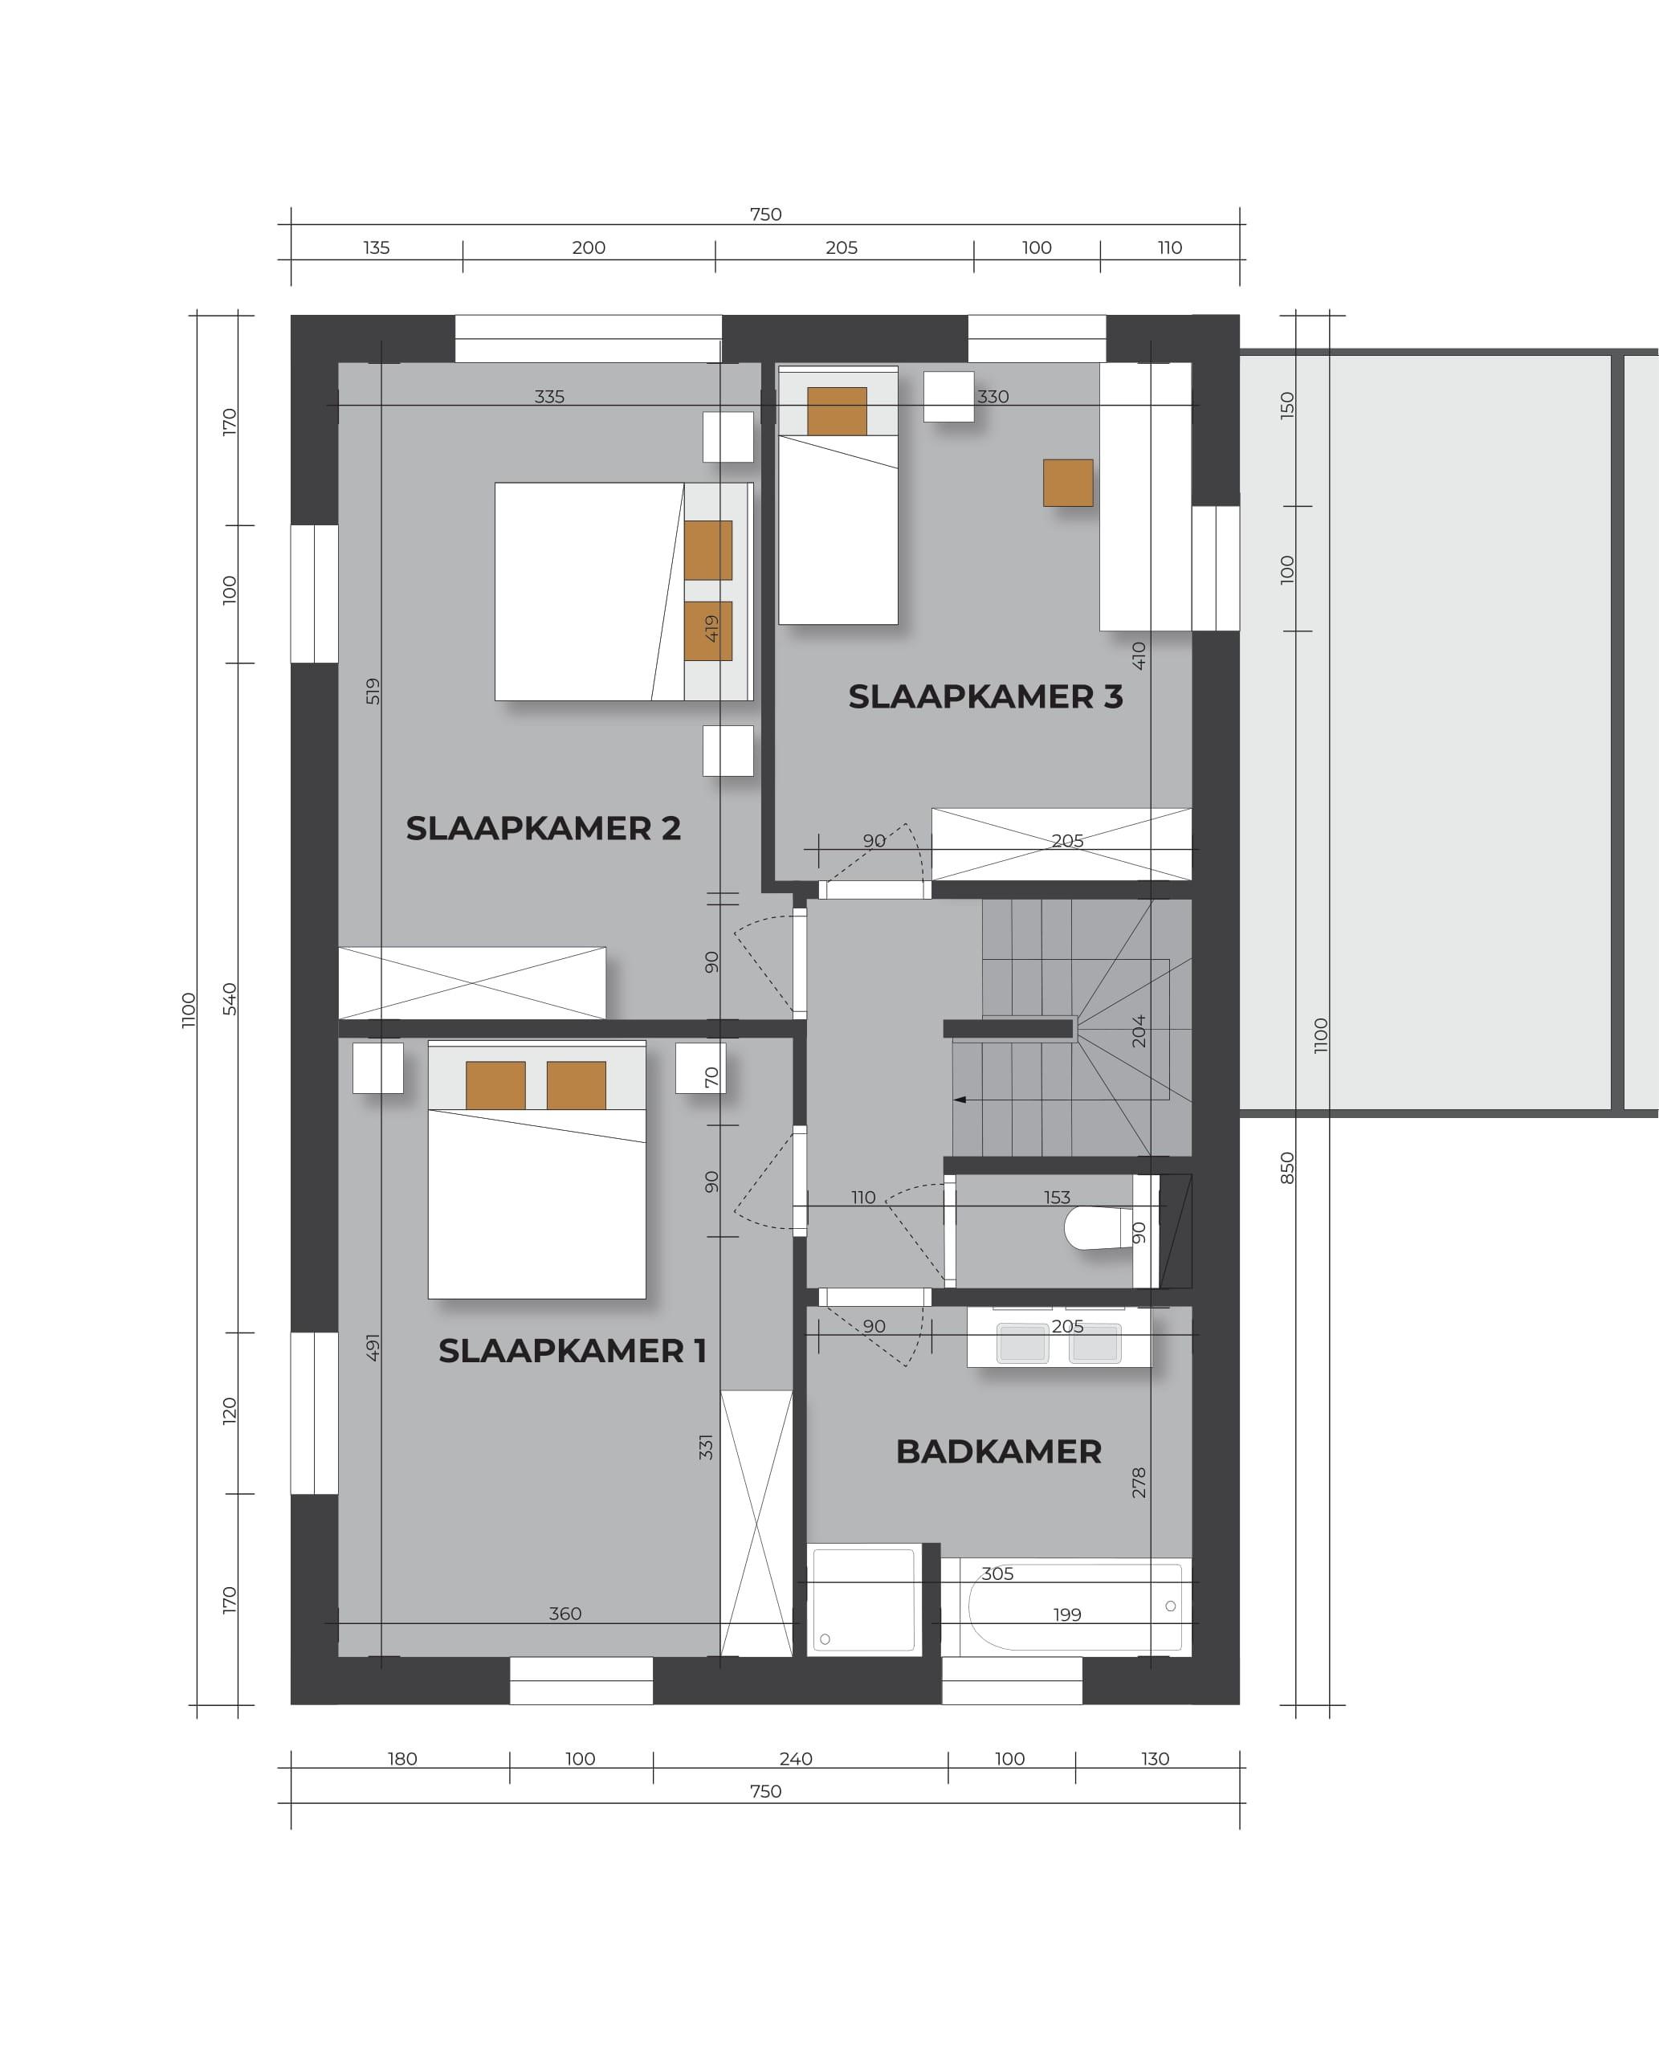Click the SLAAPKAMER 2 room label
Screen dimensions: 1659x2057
543,828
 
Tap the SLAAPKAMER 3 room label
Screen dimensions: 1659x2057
985,697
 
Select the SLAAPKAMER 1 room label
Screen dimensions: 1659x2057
573,1351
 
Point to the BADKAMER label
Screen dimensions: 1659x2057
999,1451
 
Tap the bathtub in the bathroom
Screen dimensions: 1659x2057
1066,1606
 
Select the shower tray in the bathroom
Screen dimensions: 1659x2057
864,1599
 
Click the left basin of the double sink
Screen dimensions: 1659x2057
1022,1343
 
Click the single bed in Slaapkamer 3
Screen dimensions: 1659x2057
838,495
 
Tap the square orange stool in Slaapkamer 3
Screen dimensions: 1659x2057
1067,483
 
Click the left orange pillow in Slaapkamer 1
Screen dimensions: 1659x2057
495,1085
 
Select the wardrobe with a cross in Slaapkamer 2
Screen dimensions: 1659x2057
472,982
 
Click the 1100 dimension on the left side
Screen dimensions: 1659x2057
188,1010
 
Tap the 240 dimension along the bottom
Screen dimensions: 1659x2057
795,1759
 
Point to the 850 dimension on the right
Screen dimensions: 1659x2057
1287,1168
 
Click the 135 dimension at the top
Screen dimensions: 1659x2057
377,247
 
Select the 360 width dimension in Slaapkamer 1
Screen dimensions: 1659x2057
565,1614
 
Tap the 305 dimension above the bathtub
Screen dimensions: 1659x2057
997,1573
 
